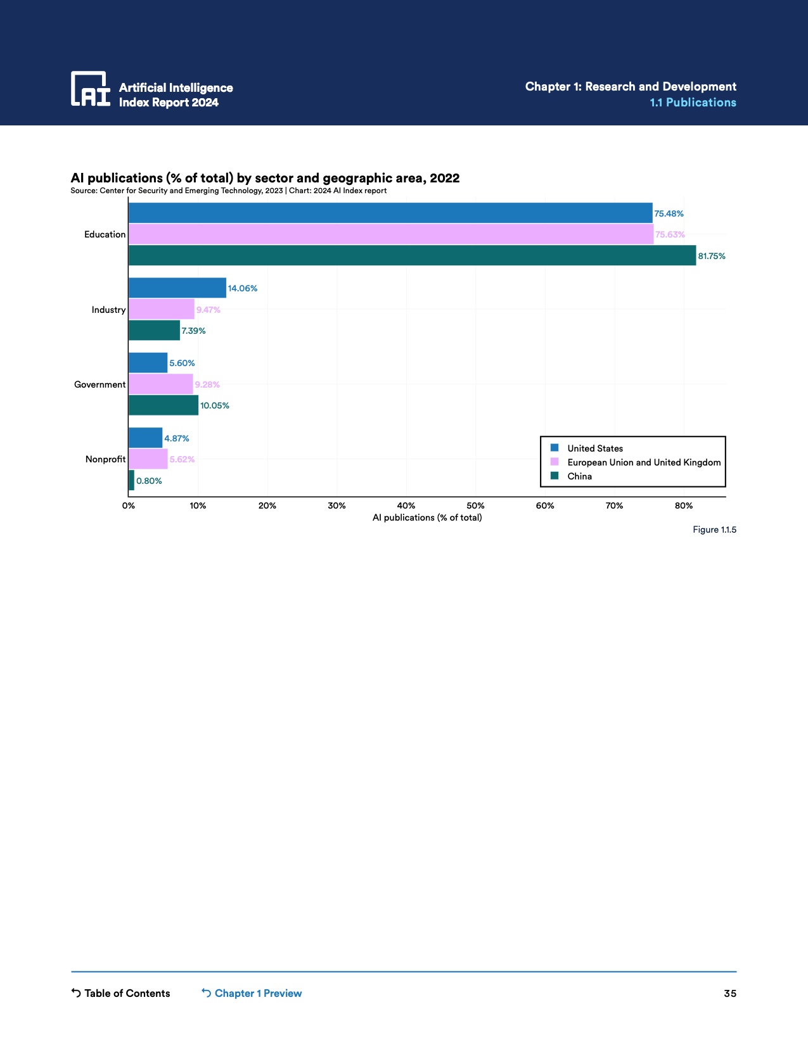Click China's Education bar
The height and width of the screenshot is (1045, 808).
(412, 255)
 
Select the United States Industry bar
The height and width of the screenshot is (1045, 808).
(177, 288)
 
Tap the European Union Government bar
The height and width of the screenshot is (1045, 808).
(161, 384)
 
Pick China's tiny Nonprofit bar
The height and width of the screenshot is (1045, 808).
(131, 480)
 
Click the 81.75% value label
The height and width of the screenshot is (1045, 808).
(712, 256)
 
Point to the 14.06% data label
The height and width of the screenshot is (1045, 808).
(243, 288)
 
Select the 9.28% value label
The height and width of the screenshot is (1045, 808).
(207, 384)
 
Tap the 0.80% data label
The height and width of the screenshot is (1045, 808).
(149, 481)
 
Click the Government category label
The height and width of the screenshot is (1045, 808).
(100, 384)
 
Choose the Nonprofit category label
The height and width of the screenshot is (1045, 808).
(105, 459)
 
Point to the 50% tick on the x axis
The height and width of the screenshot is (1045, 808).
(475, 505)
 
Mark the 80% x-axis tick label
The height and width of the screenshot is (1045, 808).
(684, 505)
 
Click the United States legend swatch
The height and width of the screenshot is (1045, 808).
(555, 448)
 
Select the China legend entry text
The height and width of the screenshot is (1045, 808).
(580, 476)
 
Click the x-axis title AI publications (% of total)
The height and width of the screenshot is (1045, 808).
(427, 517)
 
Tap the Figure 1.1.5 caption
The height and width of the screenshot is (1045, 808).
(714, 529)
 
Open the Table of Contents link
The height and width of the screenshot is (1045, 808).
(121, 993)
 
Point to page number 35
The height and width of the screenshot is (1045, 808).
(730, 993)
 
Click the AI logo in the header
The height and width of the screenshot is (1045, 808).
(91, 89)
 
